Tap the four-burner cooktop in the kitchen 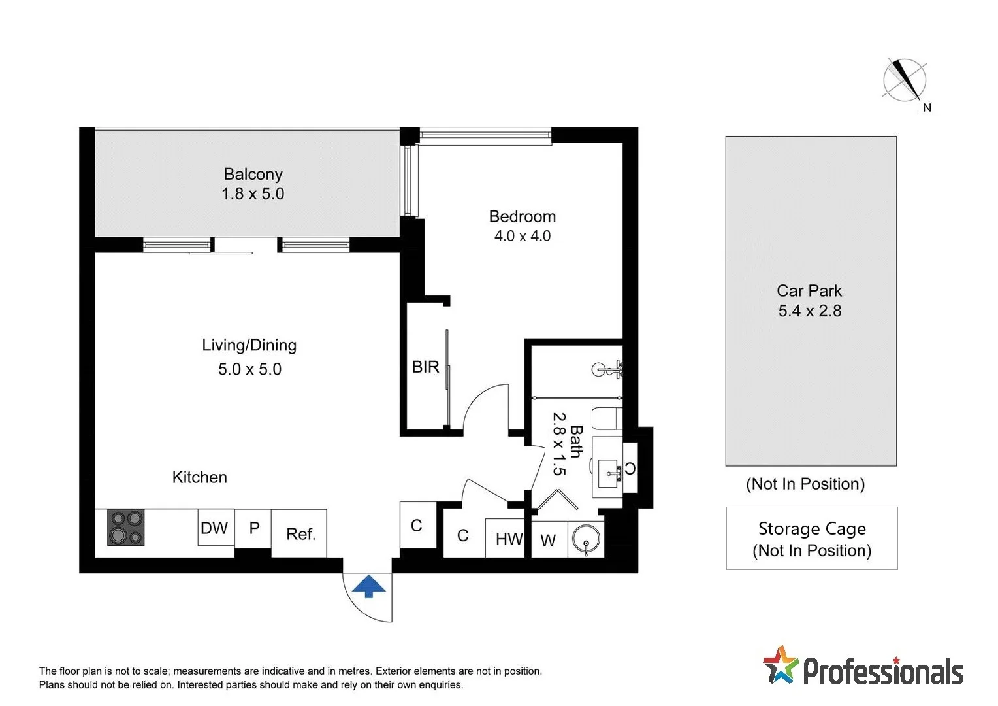125,528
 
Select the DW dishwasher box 216,528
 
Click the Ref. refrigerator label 300,534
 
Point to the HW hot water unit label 508,539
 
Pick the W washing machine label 548,541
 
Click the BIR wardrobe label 425,367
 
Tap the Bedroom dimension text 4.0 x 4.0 523,236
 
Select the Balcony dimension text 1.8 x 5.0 253,194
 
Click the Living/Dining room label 249,345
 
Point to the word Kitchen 199,477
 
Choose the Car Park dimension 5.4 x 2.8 809,311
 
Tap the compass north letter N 927,108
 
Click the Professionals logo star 781,665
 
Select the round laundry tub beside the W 586,540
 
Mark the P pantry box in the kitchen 254,528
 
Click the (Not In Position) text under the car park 805,484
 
